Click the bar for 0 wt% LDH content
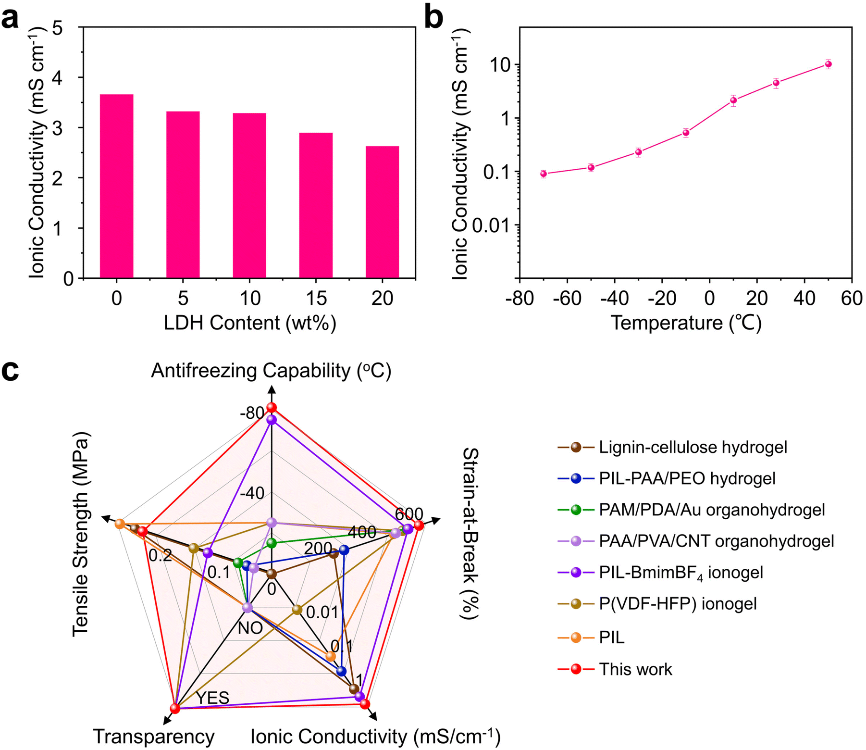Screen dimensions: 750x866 (x=116, y=186)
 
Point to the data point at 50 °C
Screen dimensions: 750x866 (x=828, y=64)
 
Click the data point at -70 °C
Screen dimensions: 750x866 (x=544, y=174)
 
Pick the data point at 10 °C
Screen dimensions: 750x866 (x=733, y=100)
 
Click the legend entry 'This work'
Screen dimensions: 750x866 (x=635, y=669)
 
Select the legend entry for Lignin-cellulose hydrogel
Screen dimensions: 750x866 (x=693, y=448)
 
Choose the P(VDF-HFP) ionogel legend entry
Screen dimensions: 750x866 (x=678, y=604)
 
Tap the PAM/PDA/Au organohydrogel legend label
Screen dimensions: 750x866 (x=712, y=510)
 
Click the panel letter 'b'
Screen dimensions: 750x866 (x=434, y=18)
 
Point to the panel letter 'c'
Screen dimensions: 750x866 (x=11, y=370)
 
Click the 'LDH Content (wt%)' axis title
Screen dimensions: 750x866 (x=249, y=323)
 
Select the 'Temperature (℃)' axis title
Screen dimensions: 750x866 (x=686, y=323)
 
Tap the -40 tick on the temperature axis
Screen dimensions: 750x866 (x=615, y=299)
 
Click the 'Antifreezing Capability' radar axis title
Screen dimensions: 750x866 (x=271, y=371)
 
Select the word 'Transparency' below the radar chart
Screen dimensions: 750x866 (x=154, y=737)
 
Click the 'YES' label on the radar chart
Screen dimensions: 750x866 (x=212, y=698)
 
